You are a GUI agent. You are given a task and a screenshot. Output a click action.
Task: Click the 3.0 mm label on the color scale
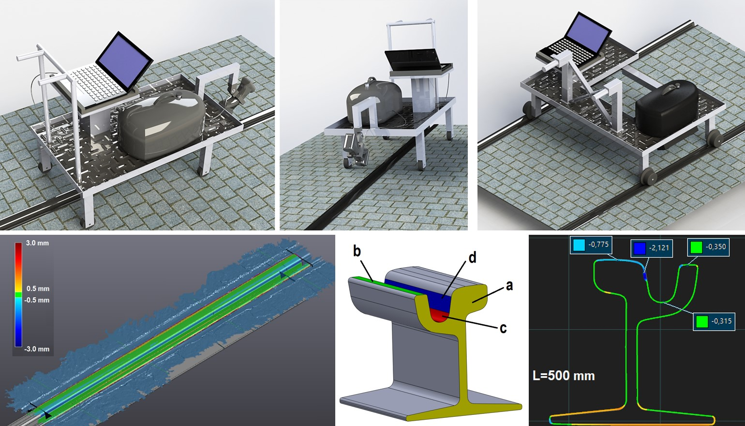tap(37, 243)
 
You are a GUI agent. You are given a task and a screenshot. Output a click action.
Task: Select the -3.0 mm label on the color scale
tap(37, 349)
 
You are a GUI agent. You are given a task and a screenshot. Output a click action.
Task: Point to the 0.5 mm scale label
tap(38, 289)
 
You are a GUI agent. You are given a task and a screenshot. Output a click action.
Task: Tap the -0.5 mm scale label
tap(37, 300)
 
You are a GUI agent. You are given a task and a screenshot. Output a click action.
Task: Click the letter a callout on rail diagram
tap(509, 286)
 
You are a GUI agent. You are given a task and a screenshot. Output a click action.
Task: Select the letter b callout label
tap(357, 251)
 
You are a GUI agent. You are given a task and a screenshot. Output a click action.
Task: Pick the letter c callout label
tap(503, 329)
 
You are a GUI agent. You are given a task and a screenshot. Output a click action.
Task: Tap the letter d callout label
tap(472, 258)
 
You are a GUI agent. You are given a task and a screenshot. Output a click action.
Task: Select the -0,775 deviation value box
tap(591, 244)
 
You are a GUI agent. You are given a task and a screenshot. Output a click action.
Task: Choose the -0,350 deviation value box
tap(709, 247)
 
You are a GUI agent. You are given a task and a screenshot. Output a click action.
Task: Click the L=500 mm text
tap(564, 376)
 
